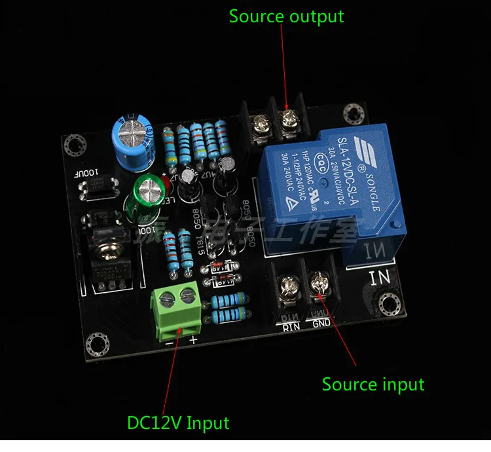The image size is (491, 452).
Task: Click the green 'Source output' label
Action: pos(286,16)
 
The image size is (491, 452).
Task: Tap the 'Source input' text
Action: pos(373,385)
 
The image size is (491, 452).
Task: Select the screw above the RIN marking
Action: pos(287,286)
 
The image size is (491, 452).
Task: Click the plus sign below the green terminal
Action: pos(194,341)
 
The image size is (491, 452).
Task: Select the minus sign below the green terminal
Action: pos(170,341)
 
